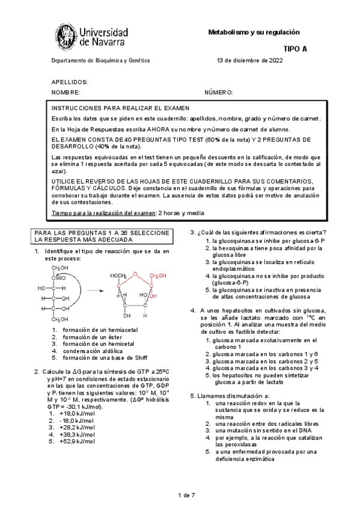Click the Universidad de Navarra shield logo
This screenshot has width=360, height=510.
coord(68,37)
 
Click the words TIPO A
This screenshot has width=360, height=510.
coord(294,50)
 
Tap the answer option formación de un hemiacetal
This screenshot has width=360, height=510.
coord(100,330)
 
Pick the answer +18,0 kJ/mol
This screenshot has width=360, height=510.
coord(77,413)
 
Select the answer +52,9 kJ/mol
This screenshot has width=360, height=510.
coord(77,441)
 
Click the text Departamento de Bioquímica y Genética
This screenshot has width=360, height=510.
coord(100,61)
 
